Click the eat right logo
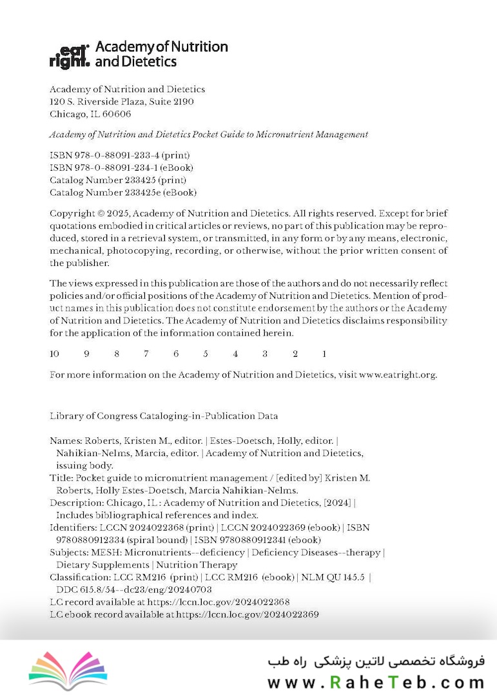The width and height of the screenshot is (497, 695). point(70,55)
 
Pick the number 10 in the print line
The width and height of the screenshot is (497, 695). point(55,354)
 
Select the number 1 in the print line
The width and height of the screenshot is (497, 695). point(324,354)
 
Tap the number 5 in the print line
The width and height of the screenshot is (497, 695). point(206,354)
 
